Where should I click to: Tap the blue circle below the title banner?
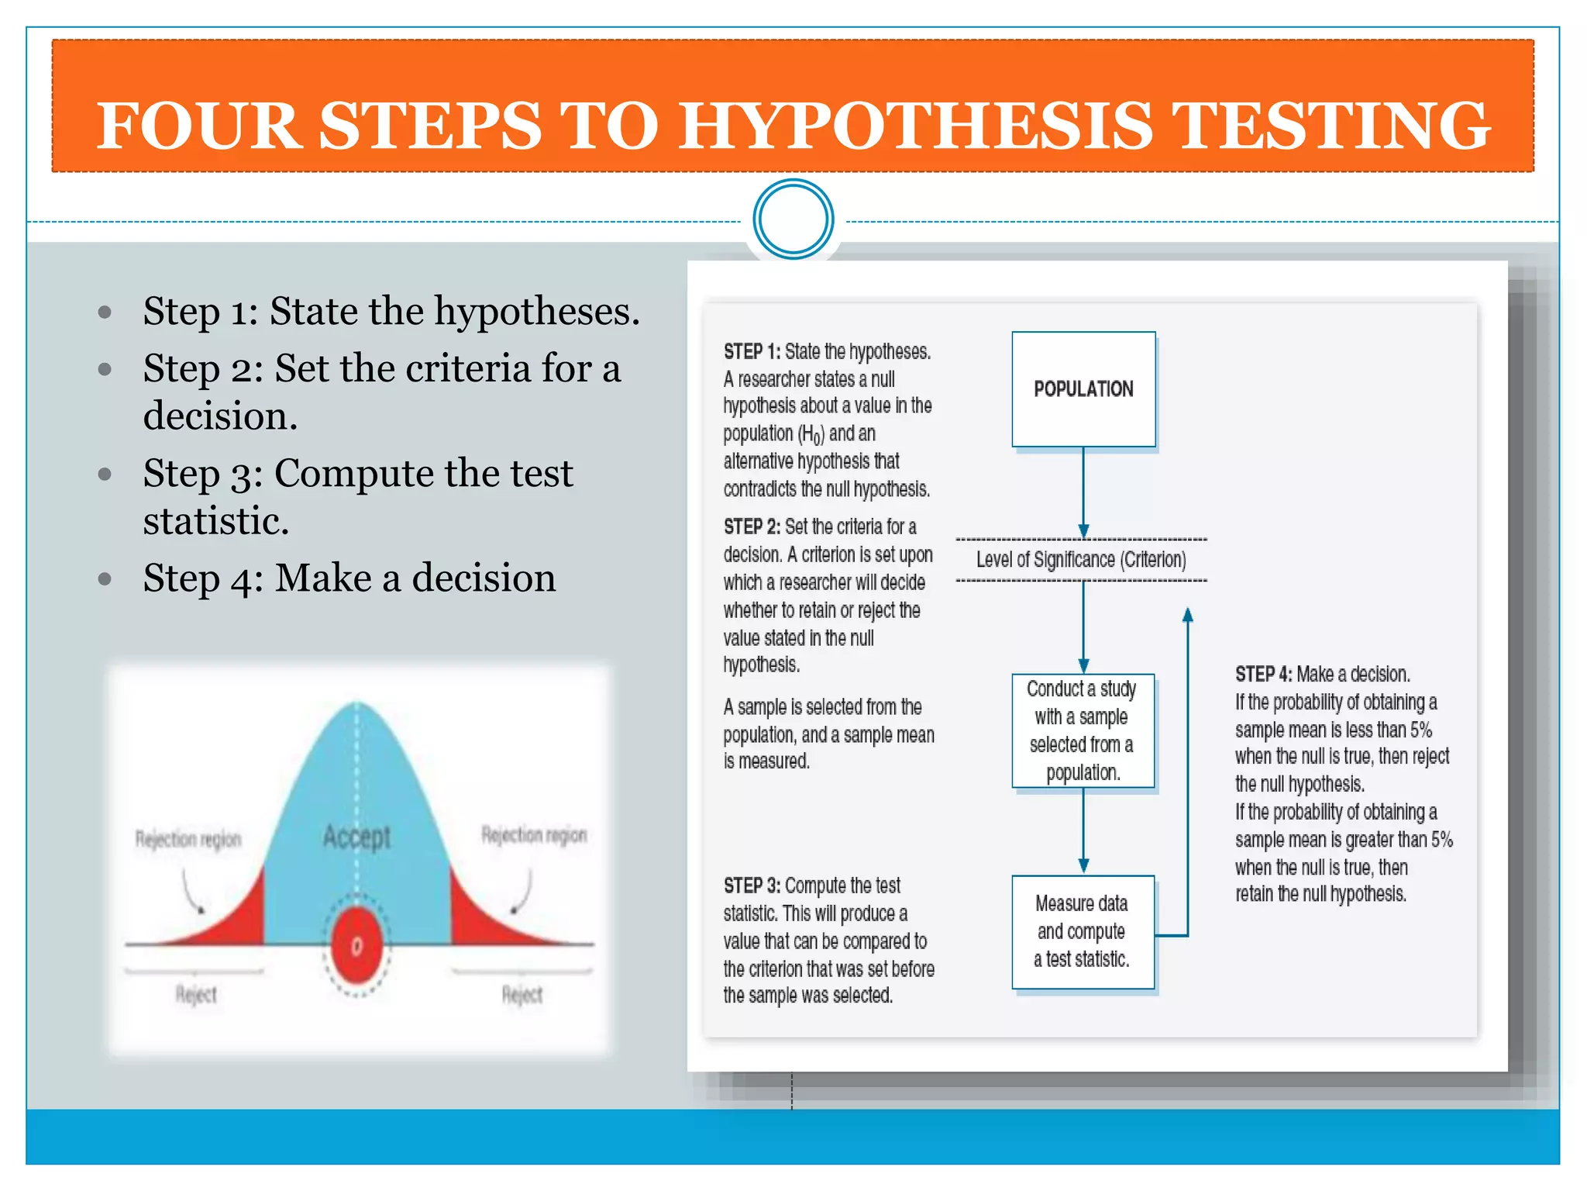(x=793, y=219)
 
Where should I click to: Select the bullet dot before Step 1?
(x=105, y=312)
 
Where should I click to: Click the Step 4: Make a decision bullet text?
(x=349, y=578)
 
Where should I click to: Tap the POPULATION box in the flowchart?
(x=1083, y=389)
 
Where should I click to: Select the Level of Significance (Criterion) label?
(x=1081, y=560)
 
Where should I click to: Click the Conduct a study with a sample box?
(x=1083, y=730)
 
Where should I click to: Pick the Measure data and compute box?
(x=1083, y=932)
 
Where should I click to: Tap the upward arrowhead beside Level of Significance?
(x=1187, y=616)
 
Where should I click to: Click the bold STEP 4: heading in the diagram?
(x=1263, y=674)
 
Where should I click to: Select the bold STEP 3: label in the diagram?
(x=752, y=885)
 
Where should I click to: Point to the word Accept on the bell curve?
(x=356, y=837)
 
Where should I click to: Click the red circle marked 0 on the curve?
(x=356, y=946)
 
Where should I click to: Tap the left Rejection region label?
(x=188, y=839)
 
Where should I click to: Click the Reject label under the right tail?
(x=522, y=995)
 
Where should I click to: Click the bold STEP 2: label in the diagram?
(x=752, y=527)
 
